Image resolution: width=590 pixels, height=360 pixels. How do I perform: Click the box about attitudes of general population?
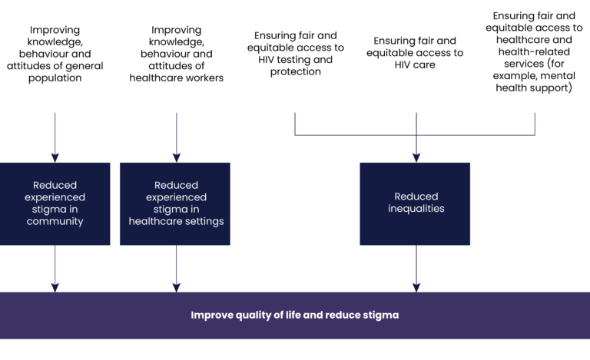tap(55, 56)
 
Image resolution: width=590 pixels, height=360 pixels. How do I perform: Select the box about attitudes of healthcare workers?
tap(175, 56)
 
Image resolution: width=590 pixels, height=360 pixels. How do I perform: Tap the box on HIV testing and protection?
tap(296, 56)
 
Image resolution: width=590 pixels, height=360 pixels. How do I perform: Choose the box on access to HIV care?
tap(416, 56)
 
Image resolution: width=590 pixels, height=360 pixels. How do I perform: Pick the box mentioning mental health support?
tap(536, 56)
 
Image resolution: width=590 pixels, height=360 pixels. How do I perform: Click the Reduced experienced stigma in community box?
tap(55, 203)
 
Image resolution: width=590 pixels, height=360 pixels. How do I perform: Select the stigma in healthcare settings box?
tap(175, 203)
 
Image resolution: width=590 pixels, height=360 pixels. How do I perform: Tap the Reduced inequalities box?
tap(416, 203)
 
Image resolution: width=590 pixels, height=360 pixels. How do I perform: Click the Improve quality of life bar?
tap(295, 315)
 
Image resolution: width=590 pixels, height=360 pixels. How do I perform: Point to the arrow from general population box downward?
tap(55, 138)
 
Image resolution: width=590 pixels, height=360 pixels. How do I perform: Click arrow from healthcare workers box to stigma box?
tap(176, 138)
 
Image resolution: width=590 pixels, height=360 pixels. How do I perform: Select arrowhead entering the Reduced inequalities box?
tap(416, 157)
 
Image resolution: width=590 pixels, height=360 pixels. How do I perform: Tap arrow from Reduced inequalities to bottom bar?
tap(416, 269)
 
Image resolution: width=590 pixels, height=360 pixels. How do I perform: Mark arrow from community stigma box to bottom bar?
tap(55, 269)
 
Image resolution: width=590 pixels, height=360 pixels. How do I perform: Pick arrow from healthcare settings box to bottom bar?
tap(176, 269)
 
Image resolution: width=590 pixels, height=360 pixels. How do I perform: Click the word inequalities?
tap(416, 209)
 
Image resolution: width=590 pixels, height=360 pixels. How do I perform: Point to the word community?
tap(55, 222)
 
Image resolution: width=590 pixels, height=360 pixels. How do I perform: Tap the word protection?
tap(296, 72)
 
